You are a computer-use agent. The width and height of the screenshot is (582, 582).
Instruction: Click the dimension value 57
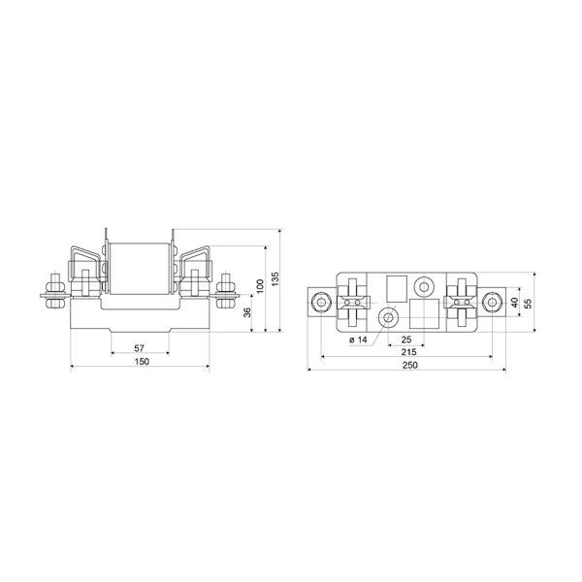coord(139,348)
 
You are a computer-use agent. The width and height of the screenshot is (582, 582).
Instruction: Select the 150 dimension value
coord(142,361)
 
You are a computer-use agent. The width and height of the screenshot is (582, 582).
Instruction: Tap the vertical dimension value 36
coord(247,312)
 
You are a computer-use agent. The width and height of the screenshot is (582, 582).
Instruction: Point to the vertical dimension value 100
coord(260,286)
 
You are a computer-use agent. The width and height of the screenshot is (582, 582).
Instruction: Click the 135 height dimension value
coord(275,278)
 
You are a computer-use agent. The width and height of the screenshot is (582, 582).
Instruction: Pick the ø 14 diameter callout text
coord(358,339)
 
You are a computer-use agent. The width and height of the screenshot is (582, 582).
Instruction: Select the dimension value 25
coord(406,339)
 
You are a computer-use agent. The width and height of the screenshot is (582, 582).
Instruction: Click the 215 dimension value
coord(408,352)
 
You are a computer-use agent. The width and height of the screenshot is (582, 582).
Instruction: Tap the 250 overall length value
coord(409,365)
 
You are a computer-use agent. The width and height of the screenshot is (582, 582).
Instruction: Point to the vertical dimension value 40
coord(514,303)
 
